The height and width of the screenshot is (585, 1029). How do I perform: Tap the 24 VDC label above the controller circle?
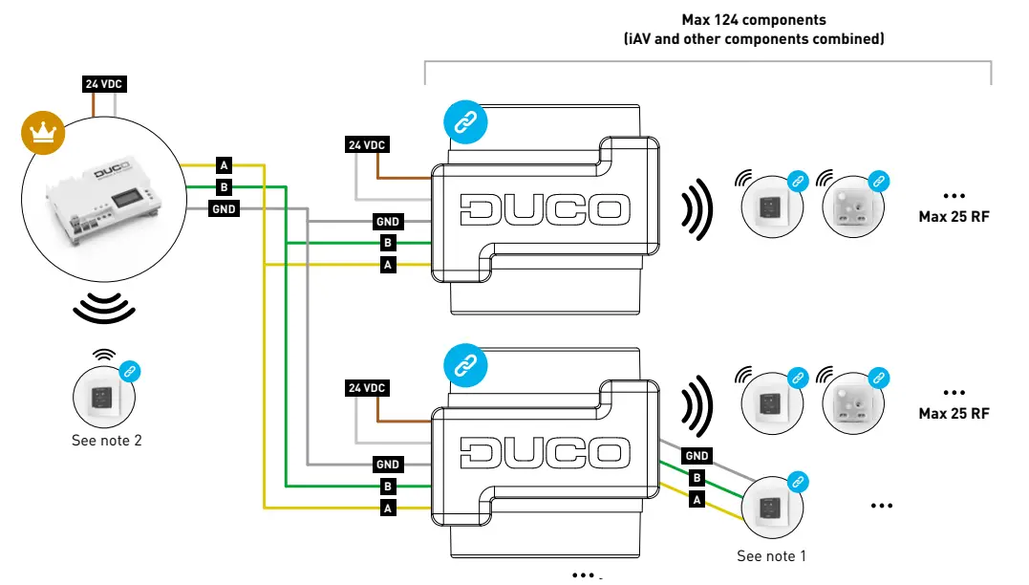(x=104, y=84)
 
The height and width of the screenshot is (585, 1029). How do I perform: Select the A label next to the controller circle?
(x=224, y=164)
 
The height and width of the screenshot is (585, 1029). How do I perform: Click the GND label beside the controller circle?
(x=225, y=208)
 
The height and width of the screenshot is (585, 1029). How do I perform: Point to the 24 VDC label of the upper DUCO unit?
(x=367, y=145)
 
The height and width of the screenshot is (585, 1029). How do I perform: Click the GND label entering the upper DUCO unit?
(x=387, y=222)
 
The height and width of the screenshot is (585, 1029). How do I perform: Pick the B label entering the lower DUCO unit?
(x=388, y=487)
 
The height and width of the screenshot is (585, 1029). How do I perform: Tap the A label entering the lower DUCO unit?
(x=388, y=509)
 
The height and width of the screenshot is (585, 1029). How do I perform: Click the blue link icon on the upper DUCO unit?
(x=465, y=122)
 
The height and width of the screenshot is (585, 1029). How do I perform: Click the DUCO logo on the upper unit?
(x=545, y=209)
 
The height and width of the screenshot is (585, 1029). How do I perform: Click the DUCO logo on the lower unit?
(x=545, y=452)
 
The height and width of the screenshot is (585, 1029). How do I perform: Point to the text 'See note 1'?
(x=771, y=555)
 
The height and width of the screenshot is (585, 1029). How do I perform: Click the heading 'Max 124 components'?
(x=753, y=19)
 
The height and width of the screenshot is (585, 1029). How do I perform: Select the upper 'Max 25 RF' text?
(x=953, y=217)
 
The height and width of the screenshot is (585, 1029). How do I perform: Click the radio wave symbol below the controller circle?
(x=103, y=307)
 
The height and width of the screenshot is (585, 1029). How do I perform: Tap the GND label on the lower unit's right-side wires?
(x=697, y=456)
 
